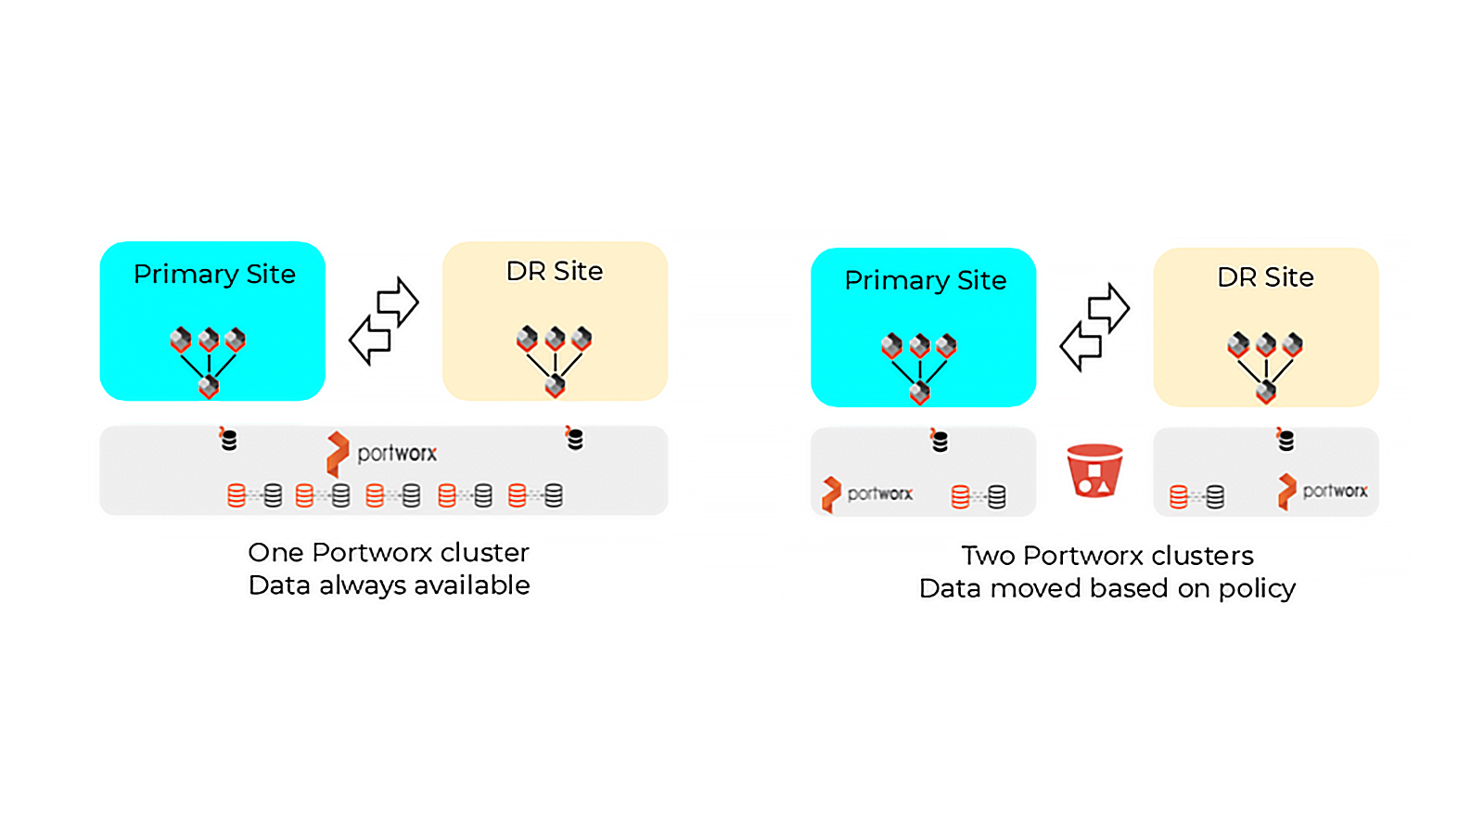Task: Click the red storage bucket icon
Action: pos(1094,469)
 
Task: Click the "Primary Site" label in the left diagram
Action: pos(214,275)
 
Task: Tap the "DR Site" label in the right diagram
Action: pos(1265,277)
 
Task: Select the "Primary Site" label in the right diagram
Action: pos(925,280)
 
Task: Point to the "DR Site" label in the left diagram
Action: pos(555,271)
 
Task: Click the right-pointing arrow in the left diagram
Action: pos(398,302)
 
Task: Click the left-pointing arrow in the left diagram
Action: pos(370,340)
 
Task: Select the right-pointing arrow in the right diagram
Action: pos(1108,308)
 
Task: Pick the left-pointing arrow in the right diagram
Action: pos(1081,346)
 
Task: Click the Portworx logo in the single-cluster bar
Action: pos(381,454)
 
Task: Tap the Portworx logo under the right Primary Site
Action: pos(867,494)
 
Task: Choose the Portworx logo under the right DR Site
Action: pos(1323,491)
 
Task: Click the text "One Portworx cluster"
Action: pos(389,553)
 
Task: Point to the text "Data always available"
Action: pos(389,585)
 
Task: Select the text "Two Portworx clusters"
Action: pos(1107,556)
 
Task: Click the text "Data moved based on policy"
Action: pos(1107,588)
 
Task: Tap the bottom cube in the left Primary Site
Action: pos(209,387)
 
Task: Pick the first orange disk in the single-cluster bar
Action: pos(236,495)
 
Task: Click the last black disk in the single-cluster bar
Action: pos(553,495)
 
